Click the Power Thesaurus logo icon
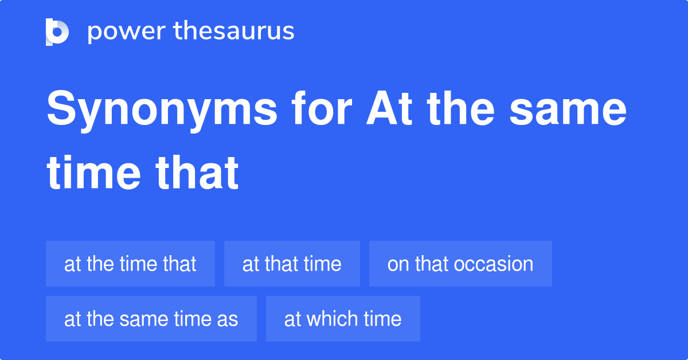tap(57, 32)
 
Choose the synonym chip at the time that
tap(130, 264)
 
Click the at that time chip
tap(292, 264)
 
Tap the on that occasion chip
tap(460, 264)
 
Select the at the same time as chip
tap(151, 319)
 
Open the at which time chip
tap(343, 319)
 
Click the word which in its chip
tap(331, 319)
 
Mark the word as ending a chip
tap(228, 319)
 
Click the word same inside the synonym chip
tap(143, 319)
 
